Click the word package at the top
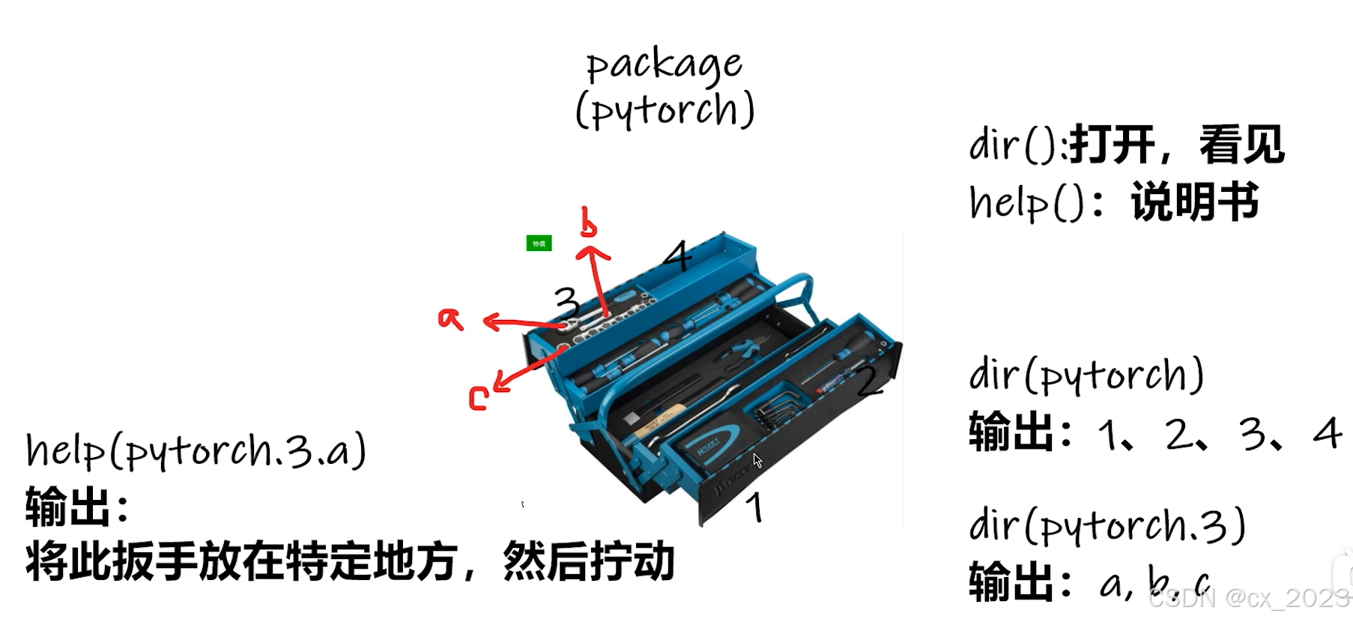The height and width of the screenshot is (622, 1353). pos(665,65)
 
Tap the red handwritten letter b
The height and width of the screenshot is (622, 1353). pos(589,222)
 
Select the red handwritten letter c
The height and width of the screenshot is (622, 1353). pos(479,398)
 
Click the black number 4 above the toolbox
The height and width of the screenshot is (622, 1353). pos(678,256)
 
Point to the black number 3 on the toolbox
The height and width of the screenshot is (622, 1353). pos(567,304)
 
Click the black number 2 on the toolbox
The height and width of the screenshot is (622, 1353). pos(870,381)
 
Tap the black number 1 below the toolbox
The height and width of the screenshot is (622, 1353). pos(755,507)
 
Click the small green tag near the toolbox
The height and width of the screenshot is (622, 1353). pos(539,244)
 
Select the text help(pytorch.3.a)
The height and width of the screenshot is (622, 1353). pos(196,451)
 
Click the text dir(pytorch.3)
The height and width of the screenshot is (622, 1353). pos(1107,525)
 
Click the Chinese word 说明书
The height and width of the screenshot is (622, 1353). pos(1195,202)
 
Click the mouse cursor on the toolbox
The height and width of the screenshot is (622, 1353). pos(757,460)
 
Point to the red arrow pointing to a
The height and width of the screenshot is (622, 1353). pos(524,323)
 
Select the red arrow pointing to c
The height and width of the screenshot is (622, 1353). pos(529,369)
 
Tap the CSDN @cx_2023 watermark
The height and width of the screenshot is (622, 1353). pos(1248,597)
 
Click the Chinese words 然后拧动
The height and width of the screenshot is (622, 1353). pos(589,561)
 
